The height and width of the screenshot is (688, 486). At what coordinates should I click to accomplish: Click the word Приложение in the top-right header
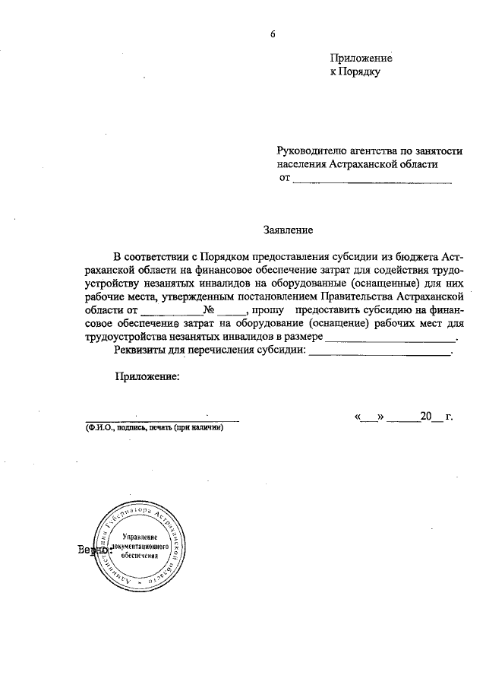pos(361,59)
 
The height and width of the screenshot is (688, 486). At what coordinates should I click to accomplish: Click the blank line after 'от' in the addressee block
pos(372,182)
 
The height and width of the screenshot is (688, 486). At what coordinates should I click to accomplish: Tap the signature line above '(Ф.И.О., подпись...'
pos(162,420)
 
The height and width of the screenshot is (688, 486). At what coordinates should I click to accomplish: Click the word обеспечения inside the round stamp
pos(137,556)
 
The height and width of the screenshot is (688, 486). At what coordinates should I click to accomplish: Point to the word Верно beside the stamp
pos(91,550)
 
